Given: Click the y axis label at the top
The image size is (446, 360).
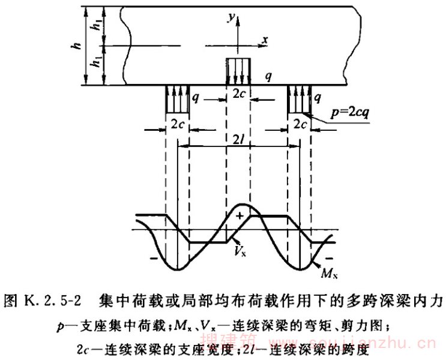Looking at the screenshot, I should [229, 19].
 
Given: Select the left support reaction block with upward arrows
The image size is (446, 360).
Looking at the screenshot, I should [177, 98].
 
